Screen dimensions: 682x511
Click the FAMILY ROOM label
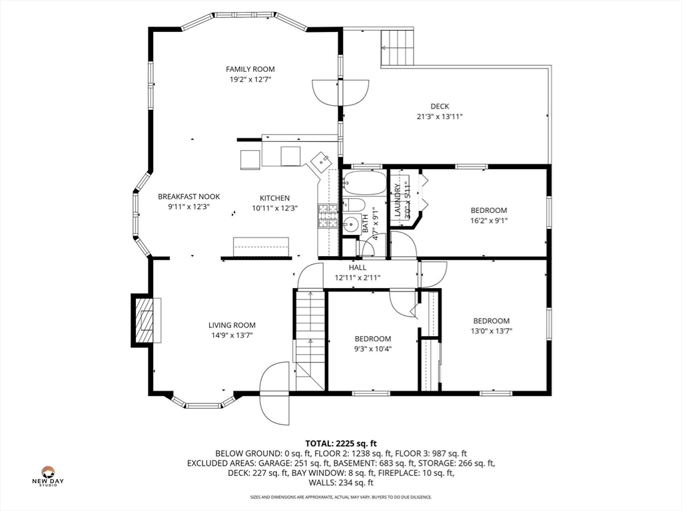(250, 69)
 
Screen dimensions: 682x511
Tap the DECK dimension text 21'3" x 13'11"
(440, 116)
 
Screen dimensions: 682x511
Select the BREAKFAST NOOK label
(188, 196)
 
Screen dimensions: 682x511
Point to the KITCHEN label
(274, 198)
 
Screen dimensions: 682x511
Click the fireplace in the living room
(146, 320)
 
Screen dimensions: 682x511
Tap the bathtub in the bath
(364, 183)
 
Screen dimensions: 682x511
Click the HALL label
(358, 267)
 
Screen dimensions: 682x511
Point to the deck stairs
(397, 47)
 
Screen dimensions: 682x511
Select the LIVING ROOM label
(232, 325)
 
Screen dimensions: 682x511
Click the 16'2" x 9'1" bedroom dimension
(489, 220)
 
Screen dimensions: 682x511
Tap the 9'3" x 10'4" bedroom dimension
(373, 349)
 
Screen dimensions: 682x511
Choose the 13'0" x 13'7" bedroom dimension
(492, 331)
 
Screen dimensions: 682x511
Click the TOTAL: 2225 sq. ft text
(341, 444)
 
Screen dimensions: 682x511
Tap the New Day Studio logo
(48, 476)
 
